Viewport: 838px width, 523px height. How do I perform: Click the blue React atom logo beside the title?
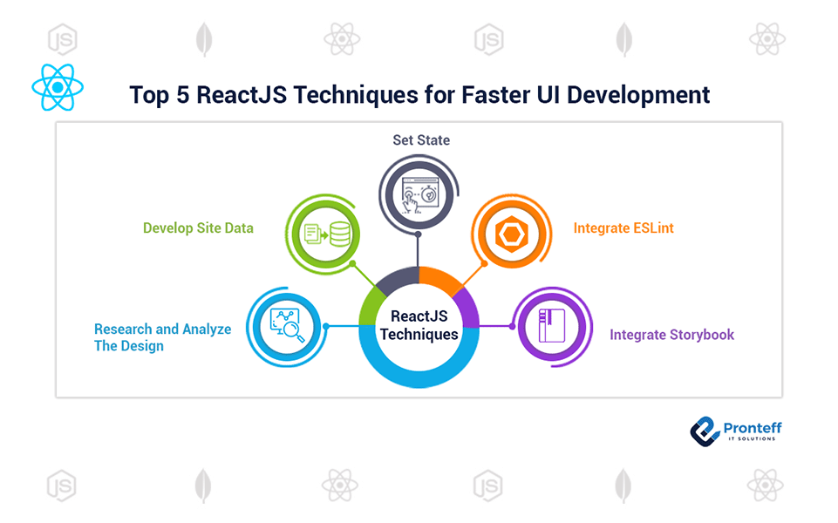click(x=58, y=87)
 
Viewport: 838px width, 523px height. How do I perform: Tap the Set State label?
click(x=421, y=140)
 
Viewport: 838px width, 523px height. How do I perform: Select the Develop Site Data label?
click(x=198, y=228)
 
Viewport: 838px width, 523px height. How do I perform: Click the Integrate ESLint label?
click(x=623, y=228)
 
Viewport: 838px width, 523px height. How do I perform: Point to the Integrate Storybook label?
click(x=671, y=335)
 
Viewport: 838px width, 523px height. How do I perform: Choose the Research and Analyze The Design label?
click(x=162, y=337)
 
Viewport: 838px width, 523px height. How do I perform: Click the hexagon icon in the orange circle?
click(x=512, y=234)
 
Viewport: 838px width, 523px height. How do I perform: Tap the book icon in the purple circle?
click(x=552, y=325)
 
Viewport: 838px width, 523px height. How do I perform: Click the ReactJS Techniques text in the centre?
click(x=419, y=325)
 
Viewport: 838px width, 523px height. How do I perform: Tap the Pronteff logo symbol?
click(x=705, y=431)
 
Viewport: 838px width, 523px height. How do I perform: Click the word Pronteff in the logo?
click(x=753, y=428)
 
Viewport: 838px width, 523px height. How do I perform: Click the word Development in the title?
click(x=638, y=96)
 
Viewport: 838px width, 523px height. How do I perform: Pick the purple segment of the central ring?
click(x=468, y=308)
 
